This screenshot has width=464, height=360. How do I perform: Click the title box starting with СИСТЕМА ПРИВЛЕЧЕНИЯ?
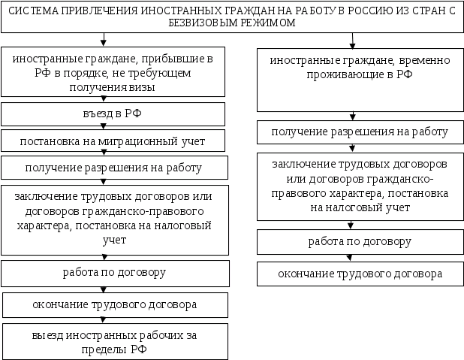pos(231,17)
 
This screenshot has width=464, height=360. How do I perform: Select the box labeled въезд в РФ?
pos(113,114)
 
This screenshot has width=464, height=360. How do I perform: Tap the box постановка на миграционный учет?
pos(113,141)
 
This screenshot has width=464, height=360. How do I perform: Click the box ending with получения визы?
pos(113,72)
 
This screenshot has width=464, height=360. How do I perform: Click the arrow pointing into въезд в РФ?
pos(103,100)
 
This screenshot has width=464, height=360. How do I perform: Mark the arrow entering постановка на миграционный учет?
pos(103,128)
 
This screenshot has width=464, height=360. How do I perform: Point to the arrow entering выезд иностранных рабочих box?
pos(103,320)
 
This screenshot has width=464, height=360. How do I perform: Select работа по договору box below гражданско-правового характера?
pos(113,271)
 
